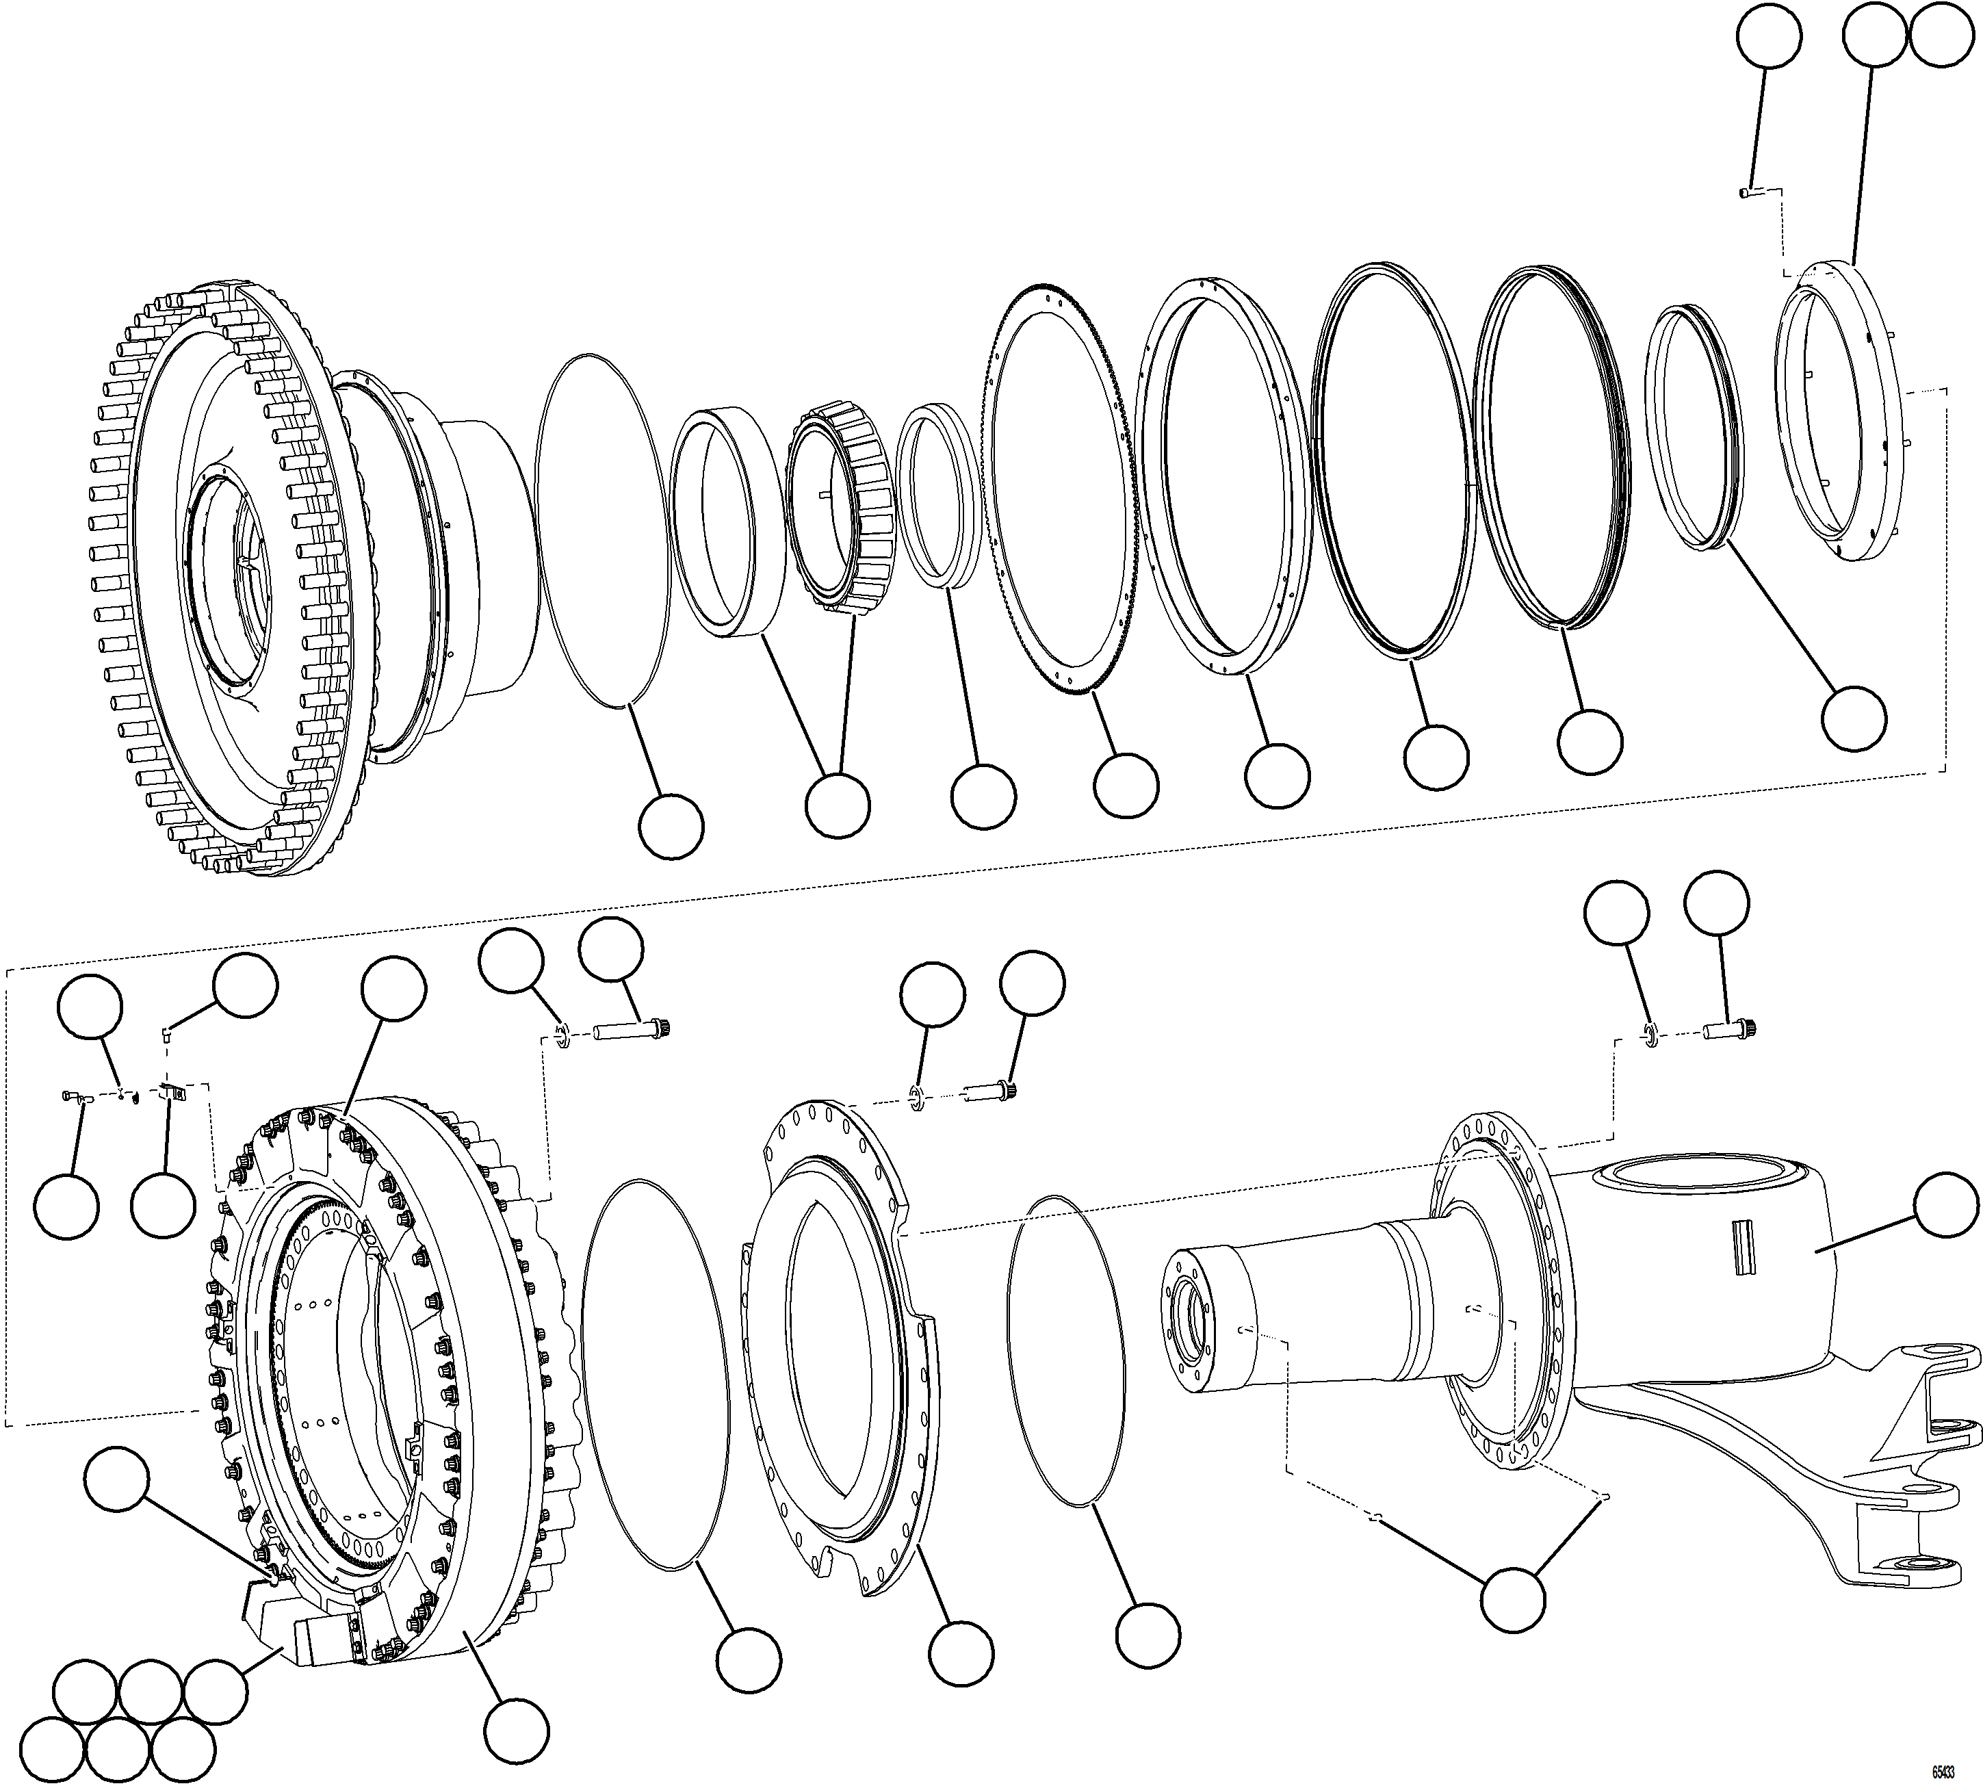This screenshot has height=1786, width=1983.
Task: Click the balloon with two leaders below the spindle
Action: [1512, 1600]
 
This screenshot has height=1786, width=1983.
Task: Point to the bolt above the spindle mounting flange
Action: [1729, 1029]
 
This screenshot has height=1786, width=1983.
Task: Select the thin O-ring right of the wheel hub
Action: [604, 530]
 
